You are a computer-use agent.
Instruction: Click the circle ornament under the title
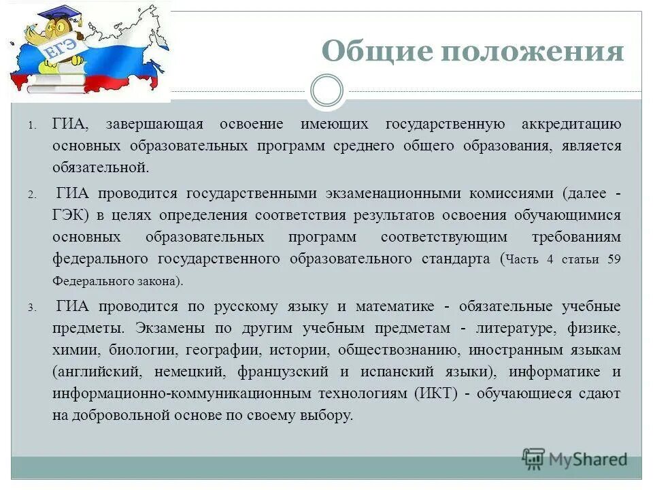[x=326, y=91]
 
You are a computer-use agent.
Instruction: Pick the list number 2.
[x=31, y=195]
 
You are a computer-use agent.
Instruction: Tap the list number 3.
[x=31, y=308]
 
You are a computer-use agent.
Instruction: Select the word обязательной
[x=100, y=167]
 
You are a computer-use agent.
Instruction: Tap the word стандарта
[x=457, y=259]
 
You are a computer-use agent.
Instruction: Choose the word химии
[x=76, y=350]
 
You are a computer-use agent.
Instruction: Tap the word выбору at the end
[x=329, y=415]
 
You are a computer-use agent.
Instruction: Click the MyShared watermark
[x=575, y=459]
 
